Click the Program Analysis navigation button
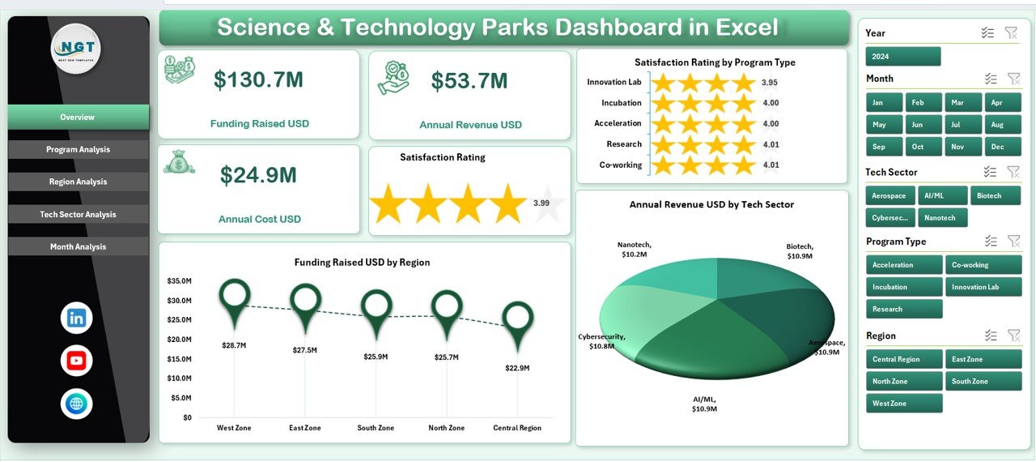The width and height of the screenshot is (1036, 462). (78, 150)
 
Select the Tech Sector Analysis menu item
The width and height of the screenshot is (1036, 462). (78, 215)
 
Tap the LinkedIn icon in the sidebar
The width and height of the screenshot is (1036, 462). (77, 319)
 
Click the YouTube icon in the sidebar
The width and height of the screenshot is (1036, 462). (77, 361)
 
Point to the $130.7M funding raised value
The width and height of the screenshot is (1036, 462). (258, 79)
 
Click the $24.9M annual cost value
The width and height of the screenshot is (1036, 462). (258, 175)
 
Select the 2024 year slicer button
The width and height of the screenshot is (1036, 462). (902, 57)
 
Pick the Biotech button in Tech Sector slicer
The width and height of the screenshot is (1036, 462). (994, 196)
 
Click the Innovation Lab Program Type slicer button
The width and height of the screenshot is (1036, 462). (983, 287)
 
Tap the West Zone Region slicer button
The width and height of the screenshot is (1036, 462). (903, 404)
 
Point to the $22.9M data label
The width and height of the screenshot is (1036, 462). (516, 368)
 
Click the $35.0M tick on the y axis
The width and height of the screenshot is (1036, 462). (179, 281)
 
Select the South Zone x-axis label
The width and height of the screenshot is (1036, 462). (376, 428)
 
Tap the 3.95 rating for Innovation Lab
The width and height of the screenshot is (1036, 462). (770, 83)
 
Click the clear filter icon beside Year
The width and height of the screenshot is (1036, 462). (1011, 32)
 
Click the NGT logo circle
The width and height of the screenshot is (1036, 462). (76, 49)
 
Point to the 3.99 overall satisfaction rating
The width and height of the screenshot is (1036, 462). (541, 203)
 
